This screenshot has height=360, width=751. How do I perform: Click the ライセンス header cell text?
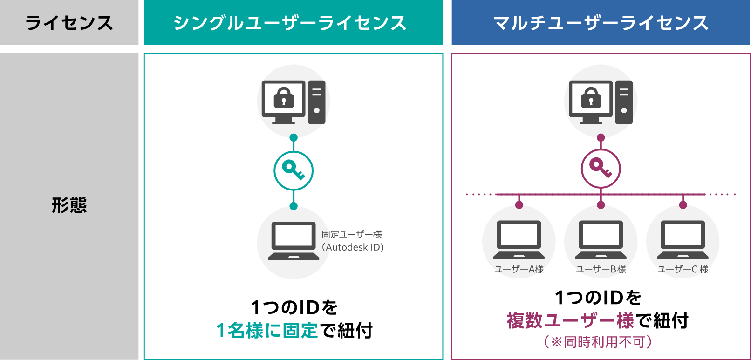[x=69, y=23]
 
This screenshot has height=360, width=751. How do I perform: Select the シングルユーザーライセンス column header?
[x=290, y=23]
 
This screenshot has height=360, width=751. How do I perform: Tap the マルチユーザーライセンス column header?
[x=601, y=23]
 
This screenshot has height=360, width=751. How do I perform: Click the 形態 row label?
[x=69, y=205]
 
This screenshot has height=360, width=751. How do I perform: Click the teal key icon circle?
[x=294, y=170]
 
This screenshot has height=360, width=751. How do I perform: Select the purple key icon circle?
[x=601, y=168]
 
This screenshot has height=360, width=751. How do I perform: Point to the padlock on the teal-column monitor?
[x=284, y=97]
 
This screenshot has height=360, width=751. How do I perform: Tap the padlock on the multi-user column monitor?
[x=591, y=97]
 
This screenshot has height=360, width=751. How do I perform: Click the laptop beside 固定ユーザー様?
[x=294, y=241]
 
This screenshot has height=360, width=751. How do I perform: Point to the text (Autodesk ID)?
[x=353, y=247]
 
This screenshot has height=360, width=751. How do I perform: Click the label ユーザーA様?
[x=519, y=269]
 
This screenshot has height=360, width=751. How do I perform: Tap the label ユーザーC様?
[x=683, y=269]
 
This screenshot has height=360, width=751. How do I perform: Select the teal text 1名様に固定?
[x=267, y=331]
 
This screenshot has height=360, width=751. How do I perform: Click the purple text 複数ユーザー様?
[x=570, y=321]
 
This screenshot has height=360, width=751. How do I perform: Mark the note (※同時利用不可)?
[x=598, y=342]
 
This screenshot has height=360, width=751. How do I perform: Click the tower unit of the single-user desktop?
[x=317, y=102]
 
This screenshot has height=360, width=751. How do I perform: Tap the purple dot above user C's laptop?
[x=683, y=205]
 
